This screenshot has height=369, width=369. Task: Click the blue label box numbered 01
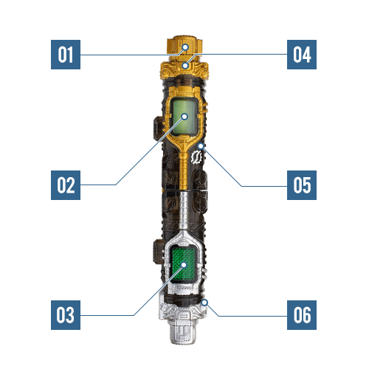tap(66, 55)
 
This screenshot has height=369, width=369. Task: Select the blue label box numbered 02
tap(66, 185)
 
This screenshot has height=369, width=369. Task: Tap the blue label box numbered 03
tap(66, 315)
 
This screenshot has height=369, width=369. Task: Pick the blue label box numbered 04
tap(302, 55)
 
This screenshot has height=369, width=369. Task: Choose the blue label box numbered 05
tap(302, 185)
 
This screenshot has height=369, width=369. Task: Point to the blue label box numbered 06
tap(302, 315)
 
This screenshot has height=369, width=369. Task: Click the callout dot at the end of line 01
tap(185, 47)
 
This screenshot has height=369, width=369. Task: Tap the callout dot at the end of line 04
tap(185, 66)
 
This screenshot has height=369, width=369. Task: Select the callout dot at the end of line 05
tap(201, 146)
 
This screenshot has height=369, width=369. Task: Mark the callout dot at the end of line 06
tap(204, 303)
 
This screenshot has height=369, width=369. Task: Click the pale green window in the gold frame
tap(184, 117)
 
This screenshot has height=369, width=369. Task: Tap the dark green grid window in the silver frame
tap(184, 265)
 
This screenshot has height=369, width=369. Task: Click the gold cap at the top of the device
tap(184, 46)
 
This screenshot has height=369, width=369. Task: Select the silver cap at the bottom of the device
tap(183, 330)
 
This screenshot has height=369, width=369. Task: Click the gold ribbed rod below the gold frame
tap(184, 170)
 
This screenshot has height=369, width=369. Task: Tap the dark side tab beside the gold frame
tap(157, 128)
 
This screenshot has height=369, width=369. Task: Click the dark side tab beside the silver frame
tap(157, 252)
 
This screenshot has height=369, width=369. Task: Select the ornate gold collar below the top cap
tap(184, 70)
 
